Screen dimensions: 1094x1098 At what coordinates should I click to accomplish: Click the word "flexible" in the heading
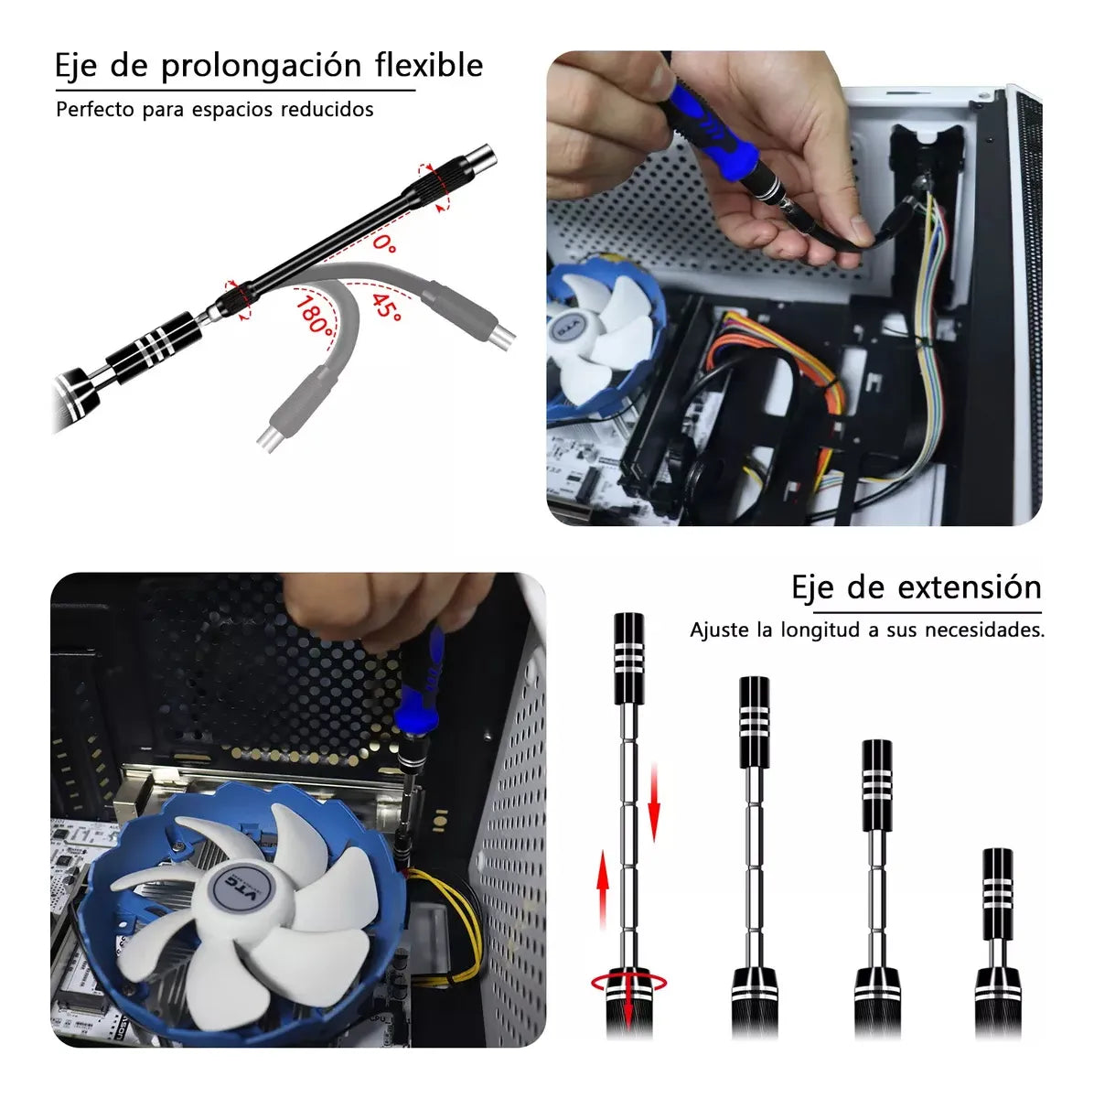click(x=429, y=64)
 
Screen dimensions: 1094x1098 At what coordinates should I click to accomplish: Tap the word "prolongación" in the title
click(x=262, y=67)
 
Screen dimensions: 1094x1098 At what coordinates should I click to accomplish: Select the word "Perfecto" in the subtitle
click(x=95, y=109)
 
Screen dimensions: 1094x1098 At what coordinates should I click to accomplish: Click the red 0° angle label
click(x=384, y=243)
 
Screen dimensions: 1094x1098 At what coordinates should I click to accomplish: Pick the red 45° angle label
click(x=388, y=307)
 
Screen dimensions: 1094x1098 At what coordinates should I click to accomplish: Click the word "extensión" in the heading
click(x=970, y=587)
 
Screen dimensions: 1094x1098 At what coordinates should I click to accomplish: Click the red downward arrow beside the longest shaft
click(x=654, y=802)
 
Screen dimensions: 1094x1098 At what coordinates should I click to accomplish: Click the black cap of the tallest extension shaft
click(x=629, y=659)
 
